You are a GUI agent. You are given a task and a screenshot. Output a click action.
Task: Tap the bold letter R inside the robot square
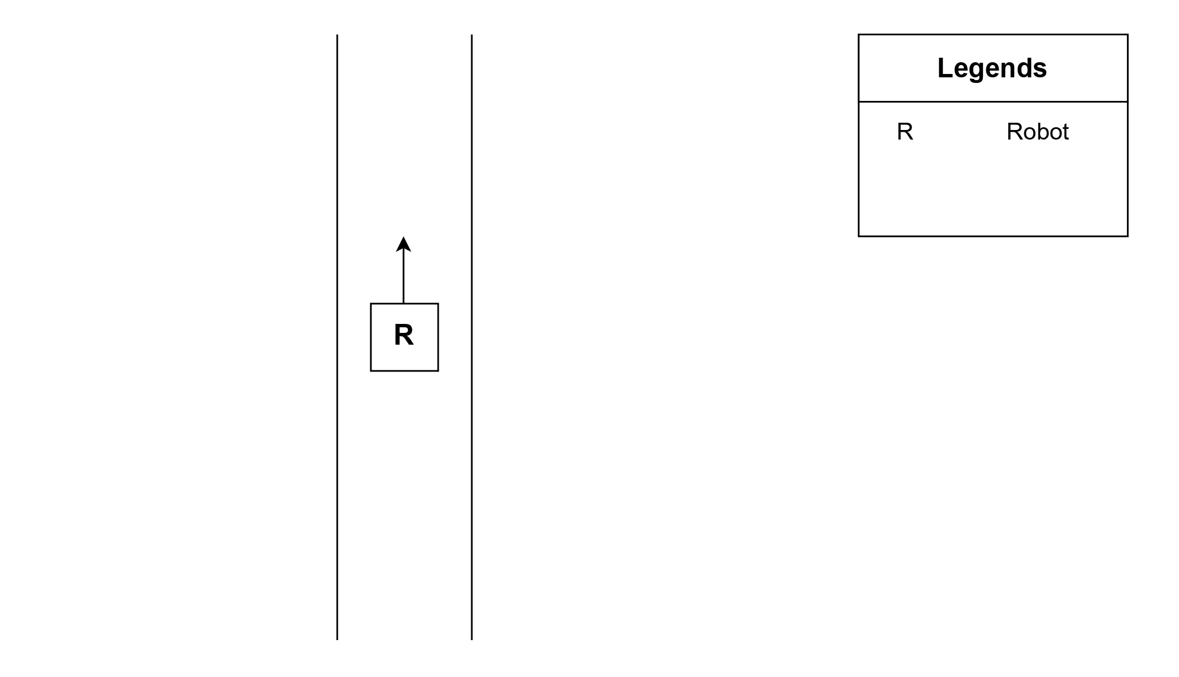coord(403,335)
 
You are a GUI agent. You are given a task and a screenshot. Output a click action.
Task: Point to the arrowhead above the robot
coord(403,244)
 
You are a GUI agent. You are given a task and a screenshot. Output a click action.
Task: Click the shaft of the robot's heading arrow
coord(403,277)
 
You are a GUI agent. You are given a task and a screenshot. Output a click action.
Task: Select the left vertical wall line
coord(337,448)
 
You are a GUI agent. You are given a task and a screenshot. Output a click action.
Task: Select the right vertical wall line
coord(472,448)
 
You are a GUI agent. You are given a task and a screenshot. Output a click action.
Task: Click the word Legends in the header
coord(992,68)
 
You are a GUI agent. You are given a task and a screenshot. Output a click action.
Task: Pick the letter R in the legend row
coord(905,132)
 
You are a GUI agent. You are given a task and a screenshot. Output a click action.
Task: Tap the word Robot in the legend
coord(1037,132)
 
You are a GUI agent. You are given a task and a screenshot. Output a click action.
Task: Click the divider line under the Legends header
coord(993,102)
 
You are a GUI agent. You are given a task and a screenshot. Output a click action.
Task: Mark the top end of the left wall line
coord(337,35)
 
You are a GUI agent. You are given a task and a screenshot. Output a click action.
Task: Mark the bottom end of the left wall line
coord(337,639)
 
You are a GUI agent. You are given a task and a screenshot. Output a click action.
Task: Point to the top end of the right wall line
coord(472,35)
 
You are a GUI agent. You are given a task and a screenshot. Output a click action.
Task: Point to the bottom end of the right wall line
coord(472,639)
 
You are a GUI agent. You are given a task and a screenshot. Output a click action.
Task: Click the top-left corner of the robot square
coord(371,304)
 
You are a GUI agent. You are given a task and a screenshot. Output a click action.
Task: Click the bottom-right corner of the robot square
coord(438,370)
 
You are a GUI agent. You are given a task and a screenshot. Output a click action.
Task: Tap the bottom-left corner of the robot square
coord(371,370)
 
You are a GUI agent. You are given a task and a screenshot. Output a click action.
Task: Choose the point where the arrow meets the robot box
coord(403,304)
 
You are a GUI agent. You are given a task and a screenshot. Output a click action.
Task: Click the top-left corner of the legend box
coord(859,35)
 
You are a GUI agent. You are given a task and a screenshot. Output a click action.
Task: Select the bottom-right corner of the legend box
coord(1127,236)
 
